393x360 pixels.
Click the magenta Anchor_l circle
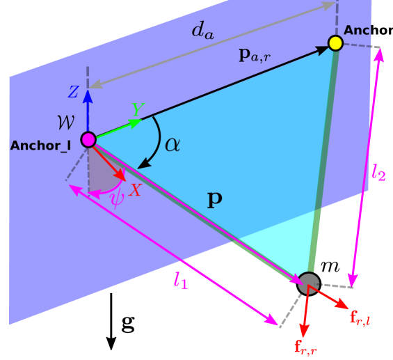[x=88, y=139]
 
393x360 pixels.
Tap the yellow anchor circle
[x=335, y=43]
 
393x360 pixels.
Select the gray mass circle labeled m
[x=309, y=283]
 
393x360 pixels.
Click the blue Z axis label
[x=74, y=92]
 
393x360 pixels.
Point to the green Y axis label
[x=138, y=109]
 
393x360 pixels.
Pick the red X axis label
[x=136, y=189]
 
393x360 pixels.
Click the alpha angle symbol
[x=173, y=145]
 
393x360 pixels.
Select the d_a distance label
[x=203, y=31]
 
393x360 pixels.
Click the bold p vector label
[x=215, y=200]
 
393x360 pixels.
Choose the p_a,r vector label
[x=255, y=56]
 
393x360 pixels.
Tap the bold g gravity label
[x=128, y=324]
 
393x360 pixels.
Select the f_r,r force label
[x=306, y=347]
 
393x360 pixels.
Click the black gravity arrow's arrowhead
[x=111, y=343]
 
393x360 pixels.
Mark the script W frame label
[x=66, y=123]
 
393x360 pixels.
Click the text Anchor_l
[x=40, y=146]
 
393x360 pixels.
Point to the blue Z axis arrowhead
[x=88, y=96]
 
